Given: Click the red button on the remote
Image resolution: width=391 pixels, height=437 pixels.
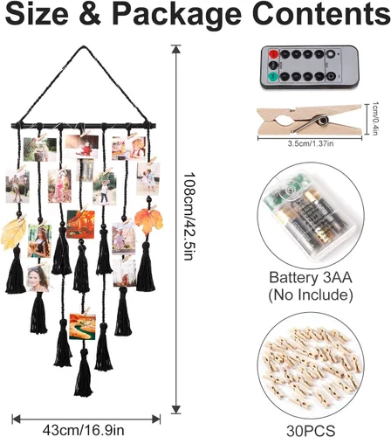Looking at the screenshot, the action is coord(273,54).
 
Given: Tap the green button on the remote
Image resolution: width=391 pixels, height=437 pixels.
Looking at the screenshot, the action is coord(273,77).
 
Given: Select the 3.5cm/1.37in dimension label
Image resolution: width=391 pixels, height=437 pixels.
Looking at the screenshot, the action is coord(311,143).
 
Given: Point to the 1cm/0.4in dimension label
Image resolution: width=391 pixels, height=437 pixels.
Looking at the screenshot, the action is coord(375,119).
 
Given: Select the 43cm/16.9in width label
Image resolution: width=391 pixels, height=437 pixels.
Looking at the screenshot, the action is coord(84,430).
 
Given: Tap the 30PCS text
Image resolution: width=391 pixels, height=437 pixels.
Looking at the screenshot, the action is coord(311,430).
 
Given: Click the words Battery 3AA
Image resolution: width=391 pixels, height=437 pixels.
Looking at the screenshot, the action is coord(311,278).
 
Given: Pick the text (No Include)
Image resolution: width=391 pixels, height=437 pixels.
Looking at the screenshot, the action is coord(311,295).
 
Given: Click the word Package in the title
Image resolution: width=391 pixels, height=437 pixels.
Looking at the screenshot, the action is coord(176,15).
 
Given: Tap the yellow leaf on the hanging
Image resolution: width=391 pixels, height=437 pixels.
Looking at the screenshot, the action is coord(13,234).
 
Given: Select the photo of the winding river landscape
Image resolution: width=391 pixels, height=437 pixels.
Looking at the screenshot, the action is coord(83,327).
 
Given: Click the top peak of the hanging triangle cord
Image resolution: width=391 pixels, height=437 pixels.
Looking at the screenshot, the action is coord(83,46).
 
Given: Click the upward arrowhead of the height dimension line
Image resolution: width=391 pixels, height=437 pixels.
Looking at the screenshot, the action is coord(175,49).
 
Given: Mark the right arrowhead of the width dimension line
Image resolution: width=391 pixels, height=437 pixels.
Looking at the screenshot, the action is coord(156,420).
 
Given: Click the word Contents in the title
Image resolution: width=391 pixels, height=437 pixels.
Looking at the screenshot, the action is coord(321,14).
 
